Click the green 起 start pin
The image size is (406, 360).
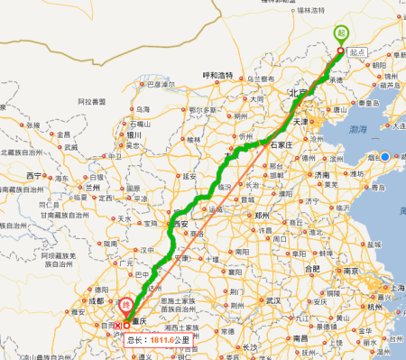coord(340,32)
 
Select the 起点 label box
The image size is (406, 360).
coord(359,52)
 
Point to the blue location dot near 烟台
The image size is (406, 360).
coord(384,157)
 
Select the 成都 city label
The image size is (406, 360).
coord(96,301)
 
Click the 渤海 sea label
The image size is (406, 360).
coord(357,130)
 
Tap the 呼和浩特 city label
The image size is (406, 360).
coord(217,75)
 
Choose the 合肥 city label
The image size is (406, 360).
coord(313,268)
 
